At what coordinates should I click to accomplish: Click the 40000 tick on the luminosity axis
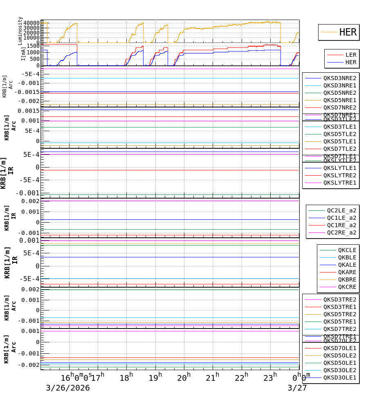coord(31,23)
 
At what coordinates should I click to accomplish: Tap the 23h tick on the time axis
coord(270,377)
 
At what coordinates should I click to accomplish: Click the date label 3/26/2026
coord(67,388)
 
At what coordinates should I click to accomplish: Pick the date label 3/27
coord(297,388)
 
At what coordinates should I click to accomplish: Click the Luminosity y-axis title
coord(20,31)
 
